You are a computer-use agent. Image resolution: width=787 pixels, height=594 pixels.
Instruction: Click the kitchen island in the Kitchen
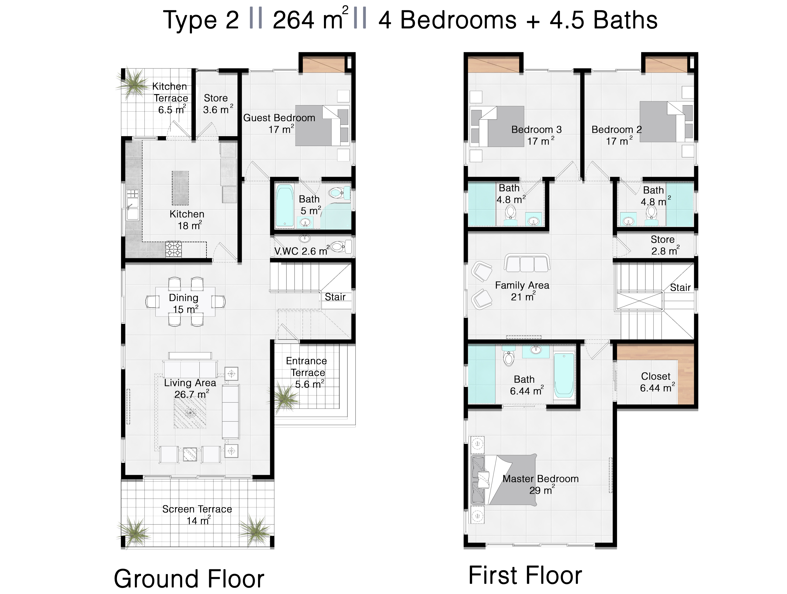coord(180,188)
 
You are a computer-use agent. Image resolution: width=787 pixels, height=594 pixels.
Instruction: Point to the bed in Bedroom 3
coord(502,126)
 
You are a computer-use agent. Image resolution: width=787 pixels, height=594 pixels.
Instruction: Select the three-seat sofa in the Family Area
coord(527,263)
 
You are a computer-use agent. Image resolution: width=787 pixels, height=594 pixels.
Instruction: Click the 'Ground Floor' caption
coord(189,579)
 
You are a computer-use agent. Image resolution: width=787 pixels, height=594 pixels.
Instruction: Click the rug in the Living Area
coord(190,413)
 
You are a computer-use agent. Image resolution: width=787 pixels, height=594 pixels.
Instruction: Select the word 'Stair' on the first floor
coord(680,287)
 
